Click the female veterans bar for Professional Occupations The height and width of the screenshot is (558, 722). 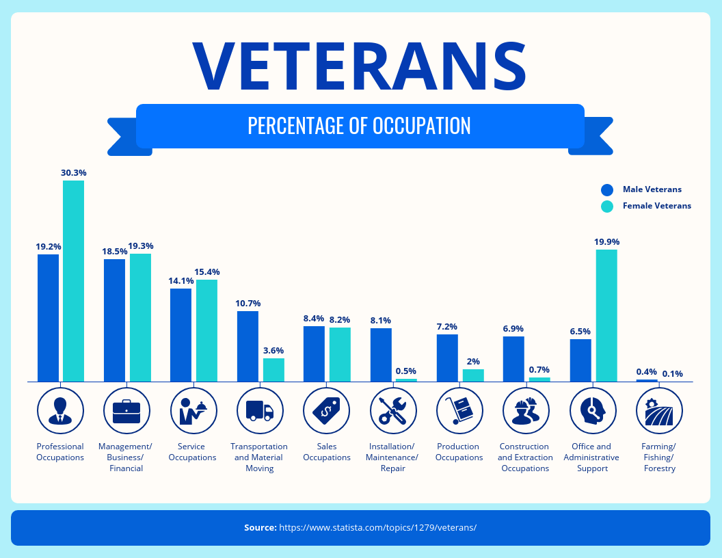pyautogui.click(x=73, y=280)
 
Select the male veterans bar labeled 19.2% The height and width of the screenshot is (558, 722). pyautogui.click(x=48, y=317)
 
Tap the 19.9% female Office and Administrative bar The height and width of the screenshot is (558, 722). pyautogui.click(x=606, y=315)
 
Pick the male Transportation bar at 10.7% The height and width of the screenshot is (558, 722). pyautogui.click(x=248, y=346)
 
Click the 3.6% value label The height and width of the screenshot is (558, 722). pyautogui.click(x=273, y=350)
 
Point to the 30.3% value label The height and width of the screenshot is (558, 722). pyautogui.click(x=73, y=173)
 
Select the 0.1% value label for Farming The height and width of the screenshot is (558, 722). pyautogui.click(x=672, y=374)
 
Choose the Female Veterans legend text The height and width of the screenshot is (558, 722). pyautogui.click(x=656, y=206)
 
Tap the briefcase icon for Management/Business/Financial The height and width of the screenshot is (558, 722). pyautogui.click(x=126, y=411)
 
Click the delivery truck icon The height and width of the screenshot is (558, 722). pyautogui.click(x=260, y=411)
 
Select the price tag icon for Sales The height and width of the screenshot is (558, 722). pyautogui.click(x=326, y=411)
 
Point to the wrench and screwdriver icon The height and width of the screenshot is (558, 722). pyautogui.click(x=392, y=411)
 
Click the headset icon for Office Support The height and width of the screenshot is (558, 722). pyautogui.click(x=592, y=411)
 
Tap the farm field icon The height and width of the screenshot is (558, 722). pyautogui.click(x=659, y=411)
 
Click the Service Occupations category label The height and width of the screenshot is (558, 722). pyautogui.click(x=192, y=452)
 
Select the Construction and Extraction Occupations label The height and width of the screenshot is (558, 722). pyautogui.click(x=525, y=457)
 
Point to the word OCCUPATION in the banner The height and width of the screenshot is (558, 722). pyautogui.click(x=421, y=126)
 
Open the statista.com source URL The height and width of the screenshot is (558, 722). pyautogui.click(x=377, y=528)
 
